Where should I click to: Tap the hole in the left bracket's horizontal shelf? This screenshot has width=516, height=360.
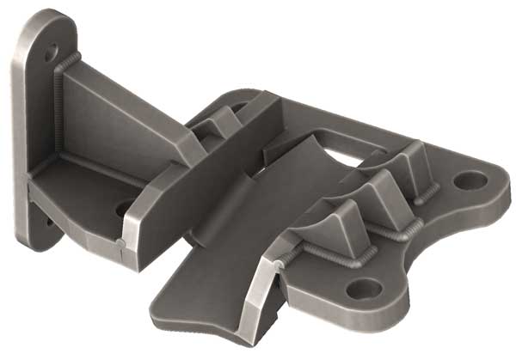pyautogui.click(x=124, y=207)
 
